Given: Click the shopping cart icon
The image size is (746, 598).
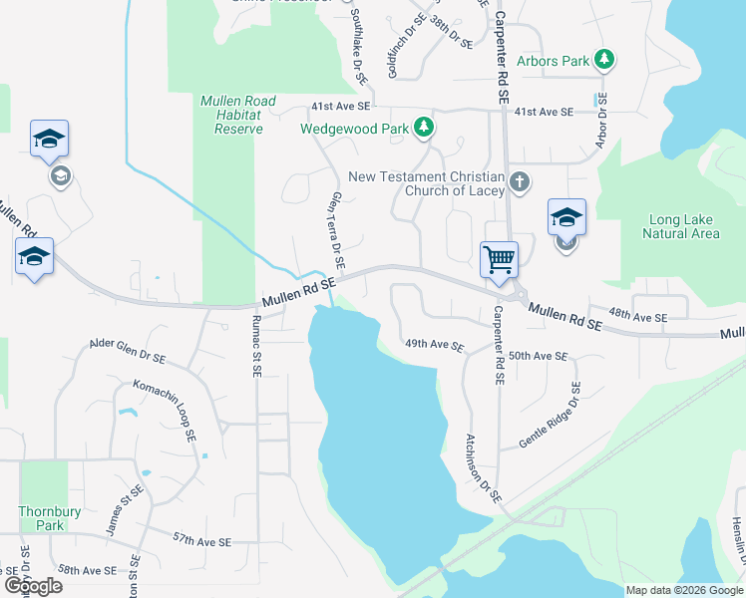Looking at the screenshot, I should coord(499,259).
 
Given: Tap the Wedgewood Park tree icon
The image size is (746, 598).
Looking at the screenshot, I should coord(425,127).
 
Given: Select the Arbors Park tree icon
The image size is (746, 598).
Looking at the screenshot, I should coord(603,61).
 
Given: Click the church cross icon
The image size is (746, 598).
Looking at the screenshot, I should coord(519,181).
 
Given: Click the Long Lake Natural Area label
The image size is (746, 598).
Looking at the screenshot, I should coord(683,226).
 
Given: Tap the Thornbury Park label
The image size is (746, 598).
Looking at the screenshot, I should coord(41,518).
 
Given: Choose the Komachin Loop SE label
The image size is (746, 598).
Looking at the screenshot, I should coord(163,410).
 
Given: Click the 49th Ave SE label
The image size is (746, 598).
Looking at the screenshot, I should coord(434,346).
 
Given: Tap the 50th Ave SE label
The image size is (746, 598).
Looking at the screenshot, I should coord(537,356).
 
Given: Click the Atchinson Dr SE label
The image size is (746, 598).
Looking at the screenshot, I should coord(485,467).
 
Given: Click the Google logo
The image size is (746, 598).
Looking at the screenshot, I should coord(34,585).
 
